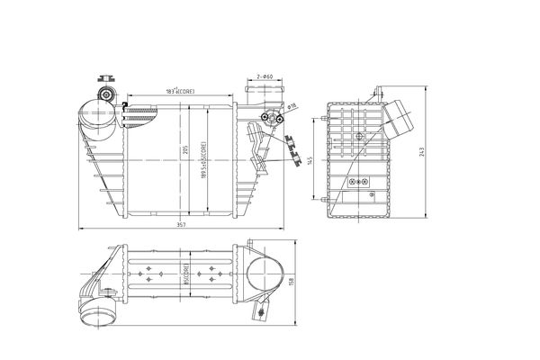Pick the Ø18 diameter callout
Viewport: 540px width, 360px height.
[292, 106]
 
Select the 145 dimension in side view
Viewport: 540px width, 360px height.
[310, 159]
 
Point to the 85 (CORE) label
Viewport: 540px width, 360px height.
[185, 274]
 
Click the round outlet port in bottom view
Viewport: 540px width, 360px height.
[267, 274]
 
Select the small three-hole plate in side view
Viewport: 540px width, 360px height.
[360, 181]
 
